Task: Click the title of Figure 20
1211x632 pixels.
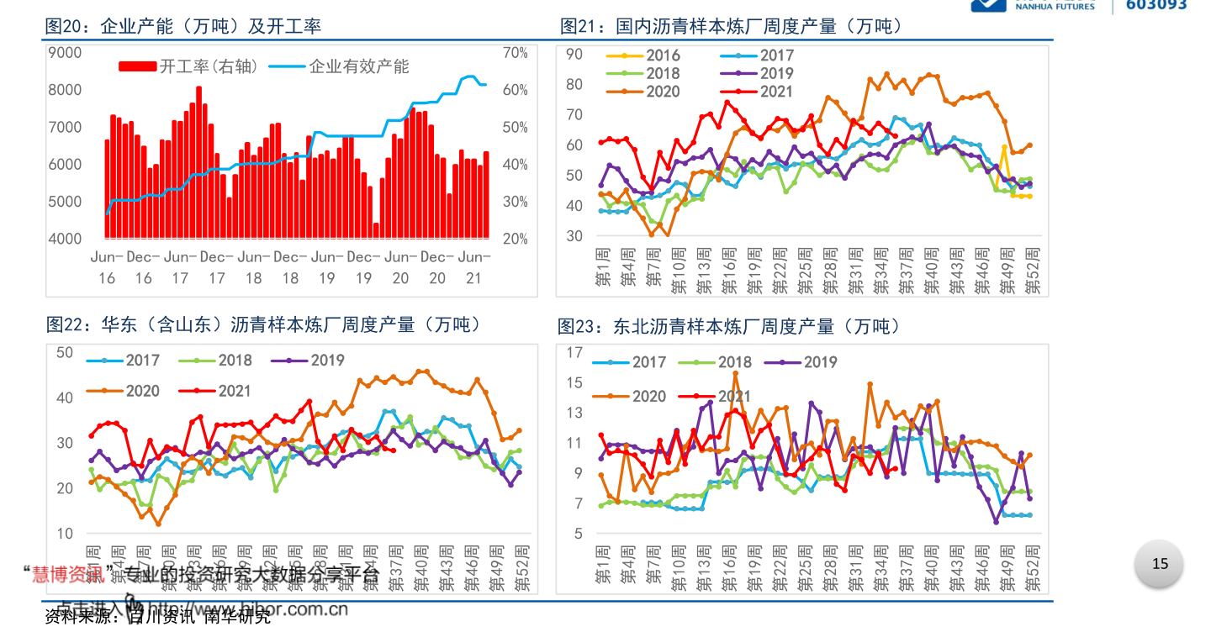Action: click(x=183, y=27)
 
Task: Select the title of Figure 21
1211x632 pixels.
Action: click(x=732, y=27)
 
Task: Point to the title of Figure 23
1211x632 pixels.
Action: click(x=729, y=326)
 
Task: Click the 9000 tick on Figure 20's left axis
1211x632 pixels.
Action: click(x=66, y=53)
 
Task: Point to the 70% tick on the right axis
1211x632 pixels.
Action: click(x=515, y=53)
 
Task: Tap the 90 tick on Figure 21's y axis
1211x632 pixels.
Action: click(x=574, y=55)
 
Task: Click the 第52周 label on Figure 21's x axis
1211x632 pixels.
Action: click(x=1034, y=271)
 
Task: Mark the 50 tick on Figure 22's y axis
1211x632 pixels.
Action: click(x=65, y=352)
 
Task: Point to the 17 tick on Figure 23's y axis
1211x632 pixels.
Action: click(x=574, y=352)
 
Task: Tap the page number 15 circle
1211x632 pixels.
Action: click(x=1160, y=564)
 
